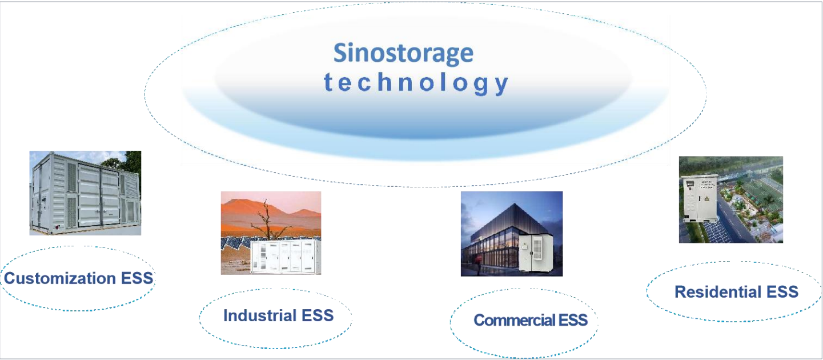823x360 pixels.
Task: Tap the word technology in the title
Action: tap(416, 83)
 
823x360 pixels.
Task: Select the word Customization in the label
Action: tap(60, 278)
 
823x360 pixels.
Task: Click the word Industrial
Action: tap(260, 315)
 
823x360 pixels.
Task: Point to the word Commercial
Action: tap(515, 320)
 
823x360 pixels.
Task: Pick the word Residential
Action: tap(718, 291)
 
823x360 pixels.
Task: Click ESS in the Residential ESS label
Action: tap(782, 291)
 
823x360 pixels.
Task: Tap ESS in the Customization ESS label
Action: tap(137, 278)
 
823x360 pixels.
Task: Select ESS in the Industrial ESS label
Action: tap(318, 315)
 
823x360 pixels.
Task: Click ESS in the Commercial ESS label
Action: tap(573, 320)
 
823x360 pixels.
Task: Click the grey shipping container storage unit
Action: tap(86, 193)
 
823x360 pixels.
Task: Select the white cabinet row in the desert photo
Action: tap(286, 257)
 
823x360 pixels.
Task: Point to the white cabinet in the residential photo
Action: tap(700, 198)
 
